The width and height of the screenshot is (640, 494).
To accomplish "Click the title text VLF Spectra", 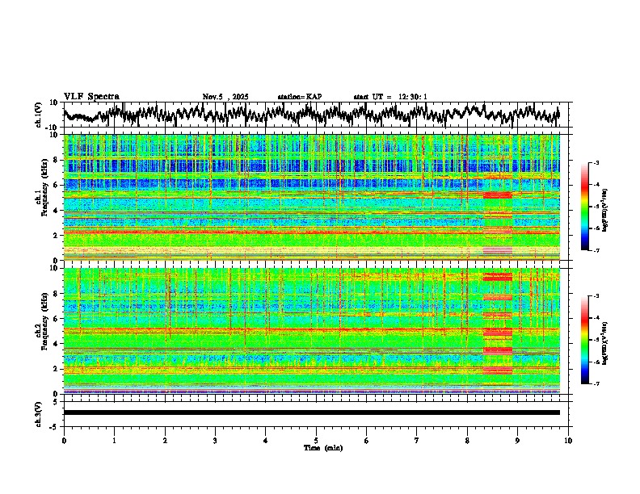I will click(x=91, y=97).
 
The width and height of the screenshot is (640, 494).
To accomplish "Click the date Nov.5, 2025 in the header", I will click(x=225, y=97).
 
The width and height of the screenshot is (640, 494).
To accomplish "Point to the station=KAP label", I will click(x=299, y=97).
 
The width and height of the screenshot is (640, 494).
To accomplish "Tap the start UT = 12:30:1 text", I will click(x=390, y=97).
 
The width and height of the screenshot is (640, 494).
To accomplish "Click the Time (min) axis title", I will click(x=316, y=447).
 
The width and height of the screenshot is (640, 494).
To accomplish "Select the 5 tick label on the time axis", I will click(x=316, y=440).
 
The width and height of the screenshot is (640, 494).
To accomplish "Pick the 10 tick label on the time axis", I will click(x=568, y=440).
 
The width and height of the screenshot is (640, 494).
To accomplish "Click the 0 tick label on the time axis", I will click(x=64, y=440).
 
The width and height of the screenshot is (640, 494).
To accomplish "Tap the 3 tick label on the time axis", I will click(x=215, y=440).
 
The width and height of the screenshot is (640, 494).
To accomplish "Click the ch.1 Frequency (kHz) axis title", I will click(x=40, y=198).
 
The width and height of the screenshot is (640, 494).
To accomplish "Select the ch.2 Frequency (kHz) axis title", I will click(x=40, y=331).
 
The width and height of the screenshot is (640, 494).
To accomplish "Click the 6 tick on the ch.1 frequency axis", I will click(x=57, y=185).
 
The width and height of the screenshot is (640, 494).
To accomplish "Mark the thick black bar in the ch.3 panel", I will click(x=311, y=412).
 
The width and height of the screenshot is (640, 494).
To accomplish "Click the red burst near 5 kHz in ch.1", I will click(x=497, y=195).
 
